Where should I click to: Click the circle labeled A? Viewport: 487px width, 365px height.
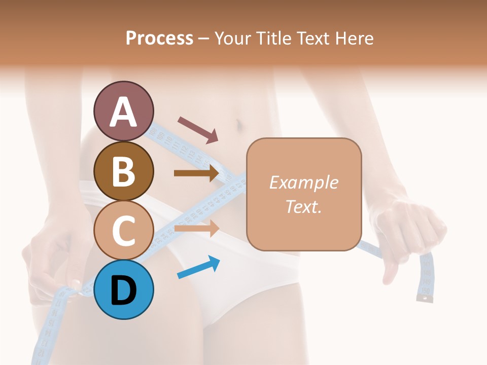pos(124,111)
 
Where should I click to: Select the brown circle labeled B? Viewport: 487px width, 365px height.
pos(124,171)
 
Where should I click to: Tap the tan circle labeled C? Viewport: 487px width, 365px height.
pos(124,230)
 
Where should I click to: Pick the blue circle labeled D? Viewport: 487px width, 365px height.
pos(124,289)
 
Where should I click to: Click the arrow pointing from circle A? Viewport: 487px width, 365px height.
pos(198,129)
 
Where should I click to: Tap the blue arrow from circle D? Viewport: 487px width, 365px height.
pos(198,268)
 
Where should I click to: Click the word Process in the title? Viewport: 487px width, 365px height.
pos(159,38)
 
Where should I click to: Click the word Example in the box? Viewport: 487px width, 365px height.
pos(303,182)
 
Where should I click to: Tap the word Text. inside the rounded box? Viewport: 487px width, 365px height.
pos(303,207)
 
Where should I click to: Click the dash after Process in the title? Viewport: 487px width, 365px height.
pos(204,39)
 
